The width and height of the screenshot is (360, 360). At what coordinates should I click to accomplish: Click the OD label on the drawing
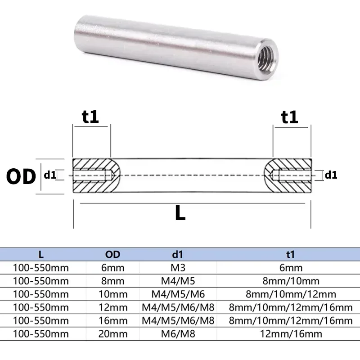tap(21, 177)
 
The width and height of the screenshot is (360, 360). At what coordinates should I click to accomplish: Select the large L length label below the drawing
tap(180, 213)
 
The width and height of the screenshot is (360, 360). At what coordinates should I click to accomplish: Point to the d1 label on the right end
tap(331, 175)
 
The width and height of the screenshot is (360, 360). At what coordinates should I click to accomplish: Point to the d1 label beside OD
tap(50, 175)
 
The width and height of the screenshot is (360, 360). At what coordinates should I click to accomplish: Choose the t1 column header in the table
tap(290, 255)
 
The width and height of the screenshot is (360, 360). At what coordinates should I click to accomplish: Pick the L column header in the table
tap(41, 255)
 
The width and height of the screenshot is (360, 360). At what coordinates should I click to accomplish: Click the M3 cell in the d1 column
tap(178, 268)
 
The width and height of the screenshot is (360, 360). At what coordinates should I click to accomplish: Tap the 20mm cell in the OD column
tap(113, 333)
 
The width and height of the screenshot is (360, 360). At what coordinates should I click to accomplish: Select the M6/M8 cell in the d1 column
tap(178, 333)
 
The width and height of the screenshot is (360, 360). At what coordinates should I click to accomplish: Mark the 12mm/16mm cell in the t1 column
tap(290, 333)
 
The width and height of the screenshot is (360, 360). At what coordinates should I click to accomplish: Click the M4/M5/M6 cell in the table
tap(178, 294)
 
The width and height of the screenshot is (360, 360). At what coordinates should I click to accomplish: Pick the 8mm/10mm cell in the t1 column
tap(290, 281)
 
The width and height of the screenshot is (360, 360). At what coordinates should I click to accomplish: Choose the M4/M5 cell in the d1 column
tap(178, 281)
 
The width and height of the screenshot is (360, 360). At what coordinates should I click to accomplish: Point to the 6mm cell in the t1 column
tap(290, 268)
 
